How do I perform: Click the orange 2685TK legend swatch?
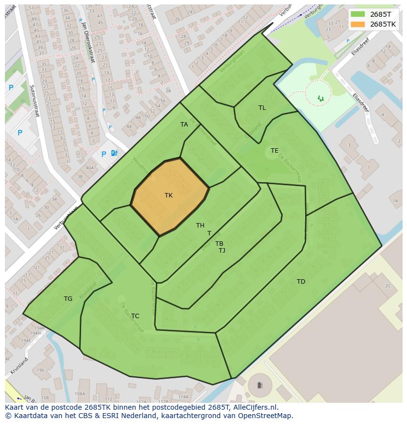pyautogui.click(x=358, y=24)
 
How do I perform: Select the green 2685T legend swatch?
pyautogui.click(x=358, y=14)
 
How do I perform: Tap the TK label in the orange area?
pyautogui.click(x=169, y=196)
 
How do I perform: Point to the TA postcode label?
pyautogui.click(x=184, y=125)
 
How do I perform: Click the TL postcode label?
pyautogui.click(x=262, y=108)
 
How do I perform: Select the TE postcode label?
pyautogui.click(x=274, y=151)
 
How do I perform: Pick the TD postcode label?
pyautogui.click(x=301, y=282)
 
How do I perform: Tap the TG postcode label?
pyautogui.click(x=68, y=299)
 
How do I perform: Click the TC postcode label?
pyautogui.click(x=135, y=316)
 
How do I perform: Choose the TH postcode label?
pyautogui.click(x=200, y=226)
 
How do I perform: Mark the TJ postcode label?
pyautogui.click(x=222, y=251)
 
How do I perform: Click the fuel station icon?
pyautogui.click(x=114, y=153)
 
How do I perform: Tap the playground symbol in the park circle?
pyautogui.click(x=321, y=98)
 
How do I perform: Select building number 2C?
pyautogui.click(x=388, y=286)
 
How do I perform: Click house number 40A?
pyautogui.click(x=89, y=168)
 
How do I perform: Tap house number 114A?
pyautogui.click(x=183, y=396)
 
